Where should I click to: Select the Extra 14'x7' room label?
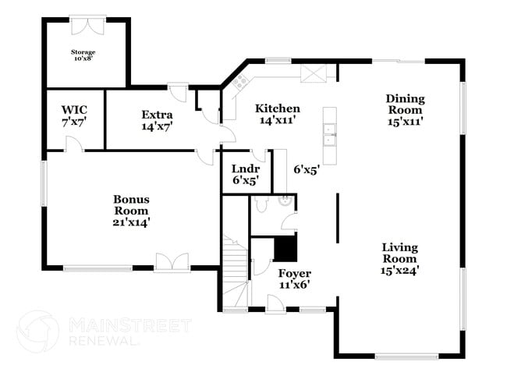click(x=157, y=119)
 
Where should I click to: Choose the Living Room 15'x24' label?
click(x=399, y=258)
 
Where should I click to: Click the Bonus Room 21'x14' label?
click(x=131, y=211)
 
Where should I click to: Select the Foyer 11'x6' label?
click(x=295, y=279)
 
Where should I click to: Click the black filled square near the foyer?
click(x=285, y=249)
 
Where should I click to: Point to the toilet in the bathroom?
click(x=262, y=203)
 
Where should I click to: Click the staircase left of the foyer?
click(x=233, y=273)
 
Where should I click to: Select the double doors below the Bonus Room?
click(x=172, y=263)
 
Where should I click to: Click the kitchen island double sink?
click(x=329, y=136)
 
